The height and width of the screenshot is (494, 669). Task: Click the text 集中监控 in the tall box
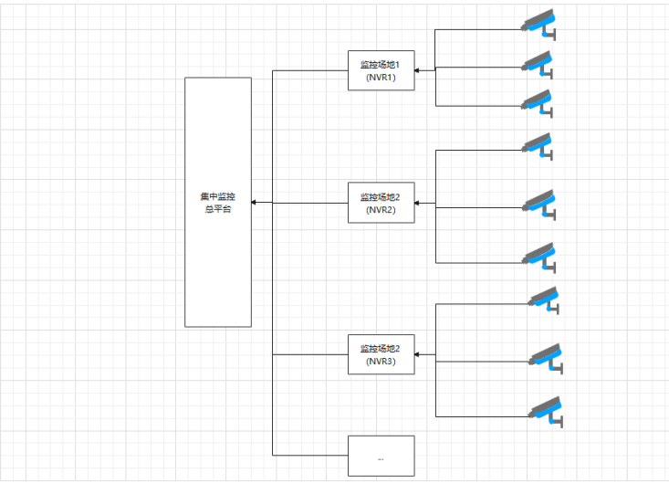coord(218,196)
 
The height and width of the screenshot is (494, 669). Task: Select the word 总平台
coord(218,209)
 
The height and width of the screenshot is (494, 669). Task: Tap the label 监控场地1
coord(382,65)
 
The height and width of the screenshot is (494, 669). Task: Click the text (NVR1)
coord(382,78)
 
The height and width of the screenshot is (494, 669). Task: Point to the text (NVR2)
coord(382,210)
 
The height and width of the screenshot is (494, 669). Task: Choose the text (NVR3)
coord(382,362)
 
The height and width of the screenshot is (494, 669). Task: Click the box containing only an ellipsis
coord(382,456)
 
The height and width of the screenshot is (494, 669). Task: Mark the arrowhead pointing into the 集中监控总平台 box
coord(256,203)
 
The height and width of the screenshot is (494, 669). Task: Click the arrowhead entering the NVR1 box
coord(419,69)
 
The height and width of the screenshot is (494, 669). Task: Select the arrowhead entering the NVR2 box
coord(419,203)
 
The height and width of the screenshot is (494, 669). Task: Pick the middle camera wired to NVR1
coord(538,63)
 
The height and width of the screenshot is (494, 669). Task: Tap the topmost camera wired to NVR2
coord(538,145)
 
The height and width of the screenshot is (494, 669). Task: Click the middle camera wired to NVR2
coord(540,203)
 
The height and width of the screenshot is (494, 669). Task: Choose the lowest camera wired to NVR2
coord(540,256)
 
